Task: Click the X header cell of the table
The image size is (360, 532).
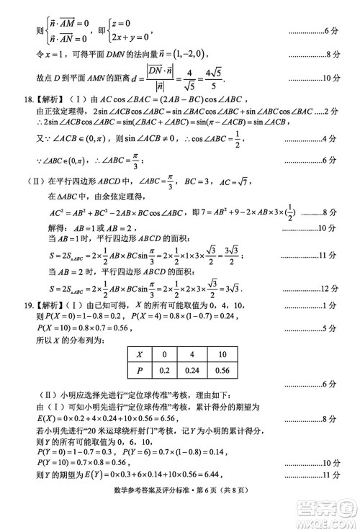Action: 139,354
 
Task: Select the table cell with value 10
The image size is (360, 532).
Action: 223,354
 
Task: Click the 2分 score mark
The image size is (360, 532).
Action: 333,112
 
